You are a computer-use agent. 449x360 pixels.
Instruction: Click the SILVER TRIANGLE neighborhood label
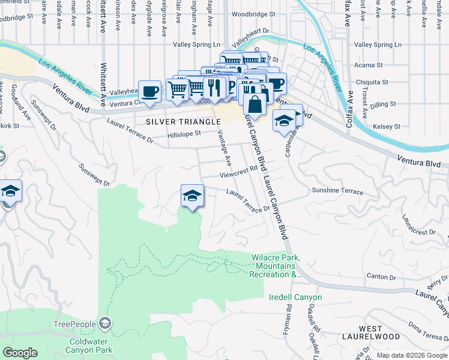click(x=183, y=121)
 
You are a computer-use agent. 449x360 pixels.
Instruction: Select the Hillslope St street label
click(x=184, y=134)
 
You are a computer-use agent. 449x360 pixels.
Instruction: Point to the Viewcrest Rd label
click(x=238, y=173)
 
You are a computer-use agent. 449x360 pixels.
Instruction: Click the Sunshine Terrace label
click(x=337, y=191)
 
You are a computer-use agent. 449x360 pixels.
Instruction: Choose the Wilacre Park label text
click(x=277, y=266)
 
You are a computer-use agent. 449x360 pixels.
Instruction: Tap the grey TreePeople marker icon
click(x=105, y=324)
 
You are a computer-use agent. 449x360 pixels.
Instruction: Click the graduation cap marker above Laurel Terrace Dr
click(x=191, y=196)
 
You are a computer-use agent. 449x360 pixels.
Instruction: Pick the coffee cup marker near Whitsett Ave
click(x=149, y=91)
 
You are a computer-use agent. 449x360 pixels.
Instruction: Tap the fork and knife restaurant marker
click(x=214, y=87)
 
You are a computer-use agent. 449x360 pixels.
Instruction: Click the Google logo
click(x=20, y=352)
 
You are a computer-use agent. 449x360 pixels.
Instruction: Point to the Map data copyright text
click(x=412, y=355)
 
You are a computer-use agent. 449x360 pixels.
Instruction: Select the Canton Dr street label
click(x=381, y=277)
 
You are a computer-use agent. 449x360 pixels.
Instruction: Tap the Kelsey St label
click(x=387, y=127)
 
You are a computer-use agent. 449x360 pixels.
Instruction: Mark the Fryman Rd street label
click(x=289, y=316)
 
